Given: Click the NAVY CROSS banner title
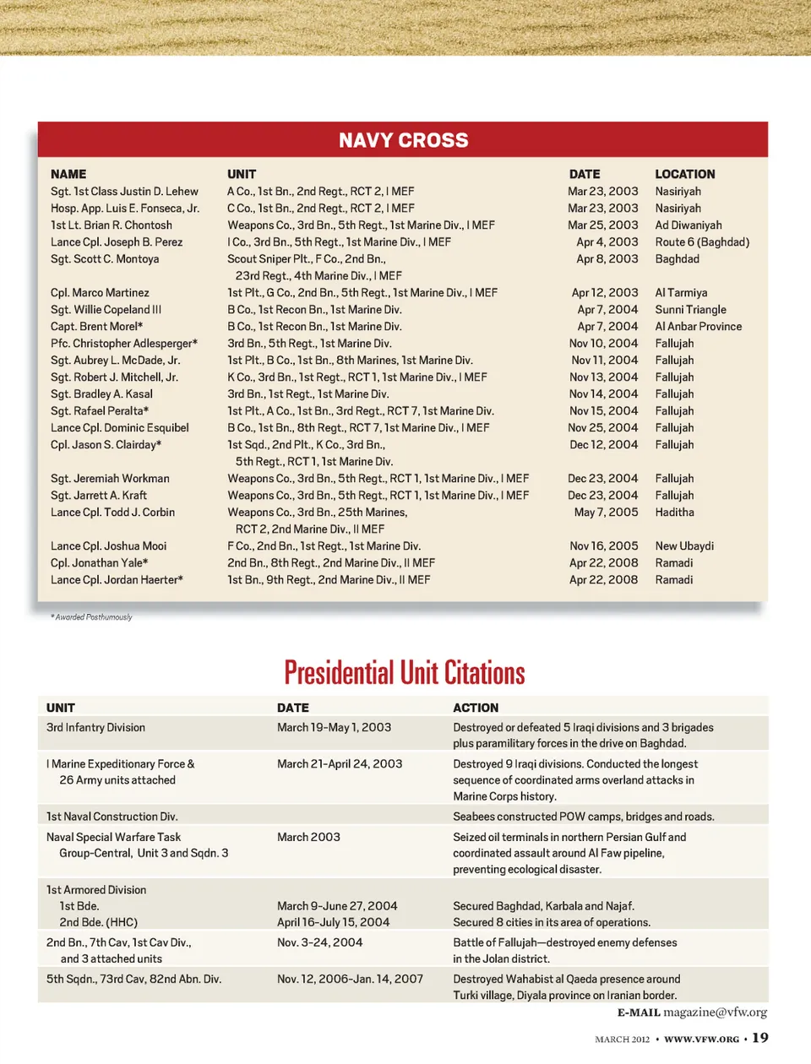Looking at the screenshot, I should click(403, 140).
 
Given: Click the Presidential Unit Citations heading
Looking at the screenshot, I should click(405, 673).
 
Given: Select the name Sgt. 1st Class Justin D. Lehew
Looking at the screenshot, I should click(124, 192).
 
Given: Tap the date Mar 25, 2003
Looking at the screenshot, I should click(602, 225).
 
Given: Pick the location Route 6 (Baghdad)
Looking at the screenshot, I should click(702, 242).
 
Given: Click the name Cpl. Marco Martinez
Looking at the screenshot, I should click(100, 293).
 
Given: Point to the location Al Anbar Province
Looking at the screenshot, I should click(698, 327).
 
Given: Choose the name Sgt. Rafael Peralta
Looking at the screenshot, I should click(99, 411).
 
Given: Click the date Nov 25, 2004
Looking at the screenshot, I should click(602, 428).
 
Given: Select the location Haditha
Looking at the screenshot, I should click(674, 513).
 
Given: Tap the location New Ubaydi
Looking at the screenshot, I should click(684, 546).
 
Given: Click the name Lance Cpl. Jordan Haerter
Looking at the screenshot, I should click(117, 580).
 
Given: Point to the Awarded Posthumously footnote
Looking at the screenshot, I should click(92, 617).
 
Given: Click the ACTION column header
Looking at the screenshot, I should click(476, 708).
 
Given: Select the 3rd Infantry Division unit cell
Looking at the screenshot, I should click(95, 727).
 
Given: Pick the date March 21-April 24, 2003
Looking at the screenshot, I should click(340, 763).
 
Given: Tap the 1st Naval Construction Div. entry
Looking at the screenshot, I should click(112, 817).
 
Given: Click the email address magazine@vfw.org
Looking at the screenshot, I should click(715, 1012).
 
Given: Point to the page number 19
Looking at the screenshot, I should click(760, 1038).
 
